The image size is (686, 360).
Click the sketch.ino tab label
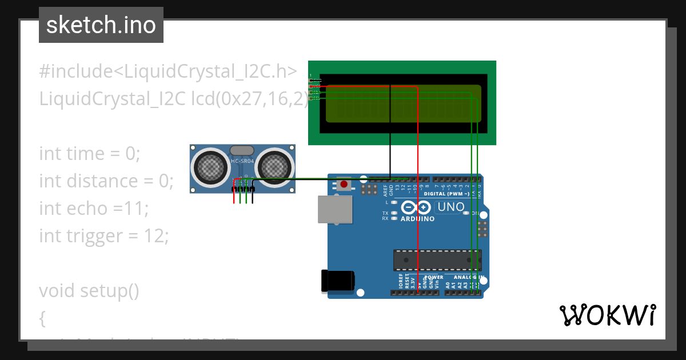pyautogui.click(x=101, y=25)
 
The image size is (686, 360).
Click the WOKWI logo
pyautogui.click(x=607, y=315)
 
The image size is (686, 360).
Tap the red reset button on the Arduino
pyautogui.click(x=344, y=184)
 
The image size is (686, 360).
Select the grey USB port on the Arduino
pyautogui.click(x=336, y=209)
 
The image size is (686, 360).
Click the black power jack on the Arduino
pyautogui.click(x=337, y=280)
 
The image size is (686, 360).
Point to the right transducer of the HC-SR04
pyautogui.click(x=274, y=166)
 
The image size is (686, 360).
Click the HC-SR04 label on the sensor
pyautogui.click(x=241, y=162)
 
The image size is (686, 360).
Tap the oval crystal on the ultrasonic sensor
pyautogui.click(x=241, y=150)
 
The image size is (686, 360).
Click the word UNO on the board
pyautogui.click(x=452, y=207)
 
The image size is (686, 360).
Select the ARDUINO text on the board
pyautogui.click(x=417, y=219)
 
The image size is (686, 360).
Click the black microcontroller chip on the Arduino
pyautogui.click(x=437, y=260)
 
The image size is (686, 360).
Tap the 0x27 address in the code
pyautogui.click(x=244, y=99)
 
